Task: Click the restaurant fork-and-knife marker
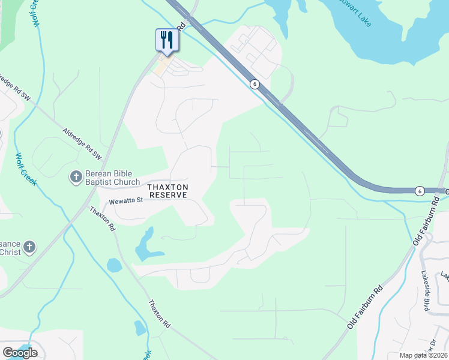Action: tap(165, 40)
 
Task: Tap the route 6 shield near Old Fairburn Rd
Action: tap(419, 190)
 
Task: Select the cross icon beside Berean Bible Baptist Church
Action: tap(76, 177)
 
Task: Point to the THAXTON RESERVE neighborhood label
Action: tap(169, 191)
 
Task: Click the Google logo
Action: tap(20, 353)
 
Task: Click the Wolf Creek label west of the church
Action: tap(27, 169)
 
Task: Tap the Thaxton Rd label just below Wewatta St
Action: tap(103, 219)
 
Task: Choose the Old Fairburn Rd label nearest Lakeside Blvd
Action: tap(365, 307)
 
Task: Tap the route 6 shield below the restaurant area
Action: tap(255, 84)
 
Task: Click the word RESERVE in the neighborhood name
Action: tap(169, 195)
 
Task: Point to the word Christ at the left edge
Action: tap(10, 252)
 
